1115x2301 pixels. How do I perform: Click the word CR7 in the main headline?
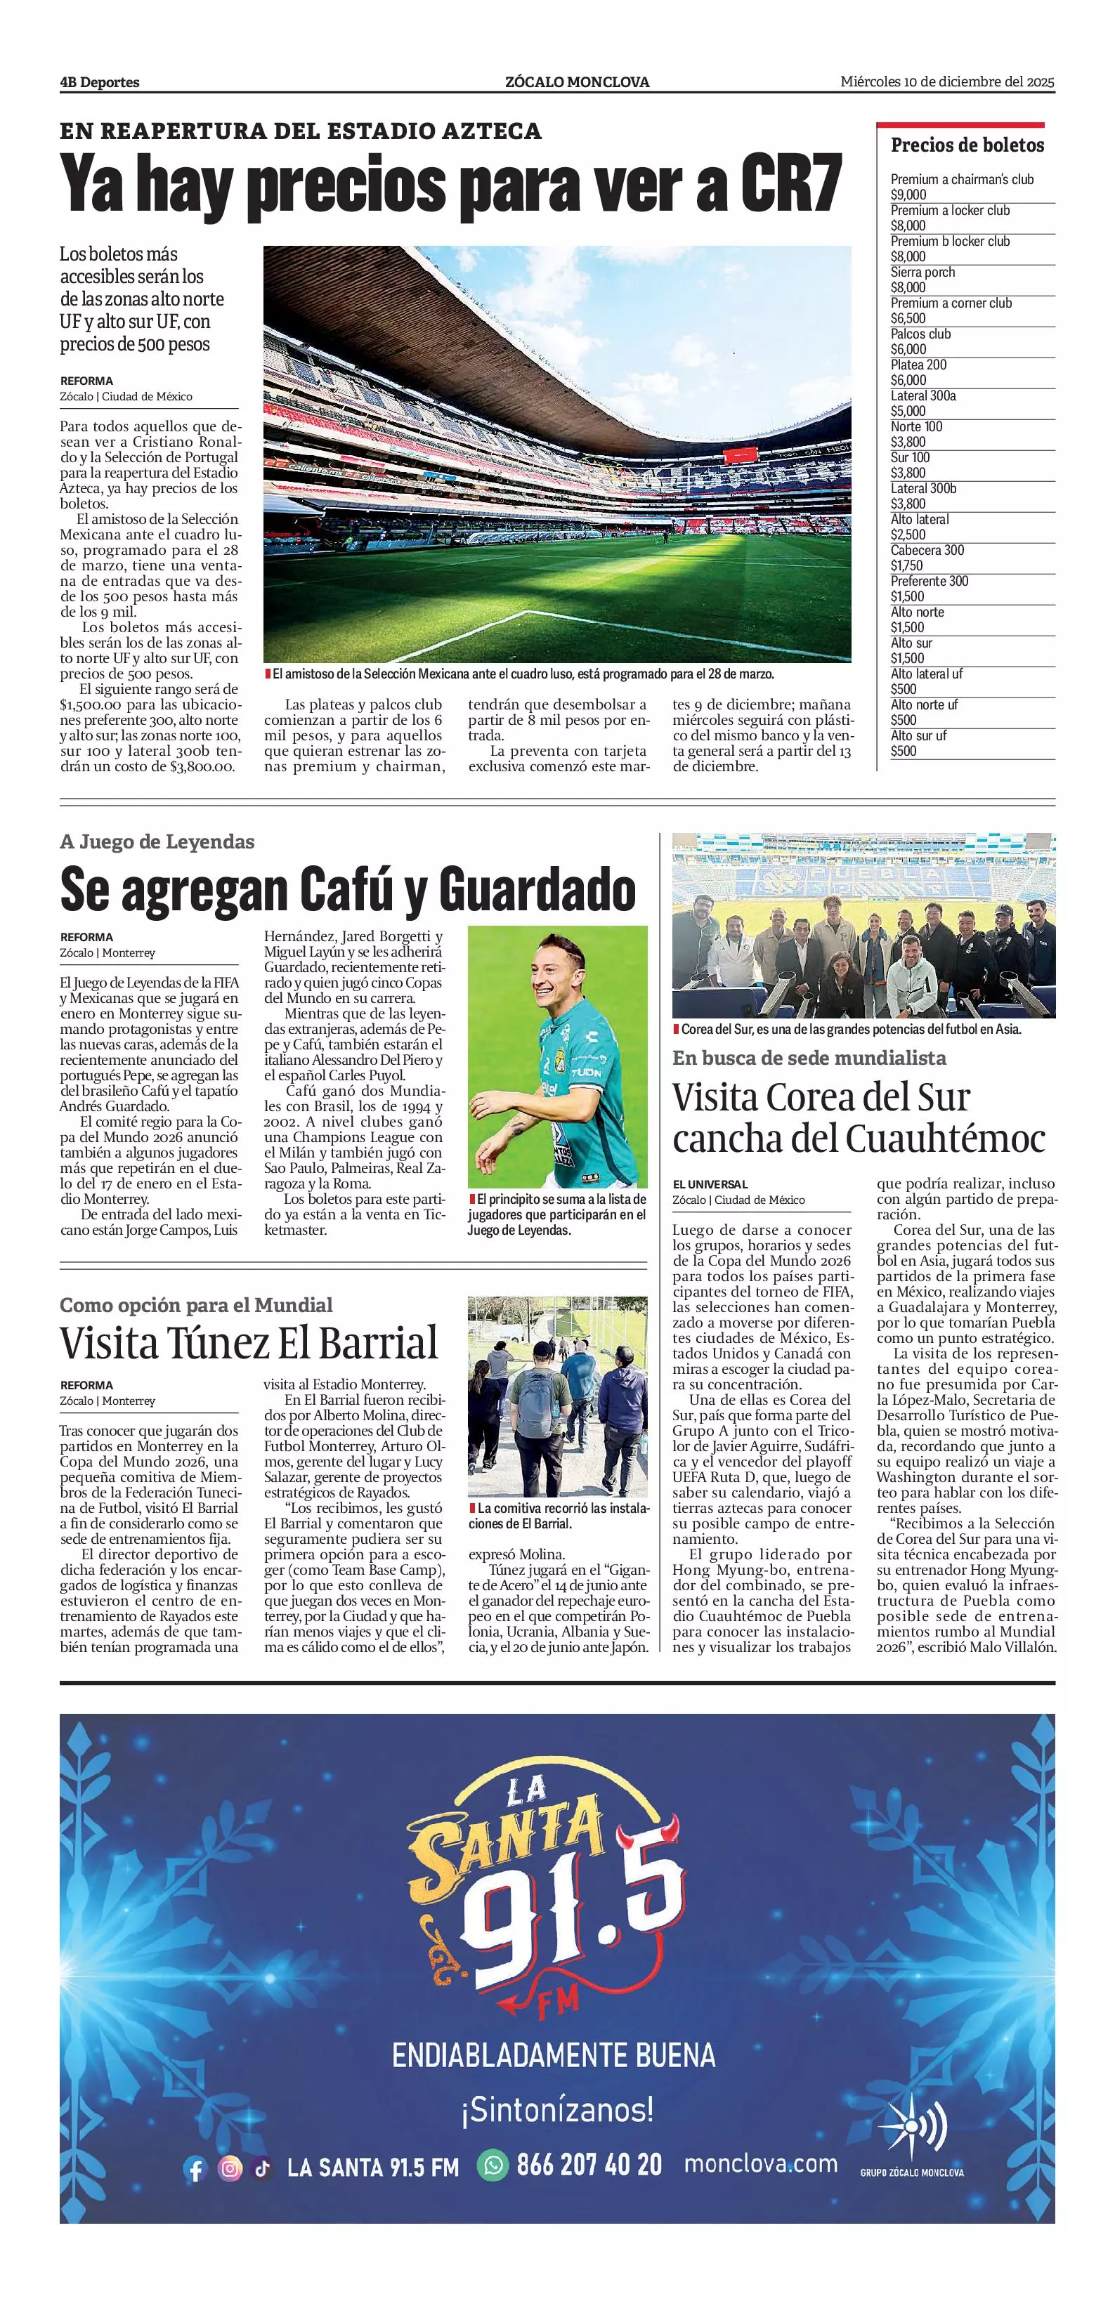click(790, 184)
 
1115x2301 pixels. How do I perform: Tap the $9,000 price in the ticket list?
click(908, 195)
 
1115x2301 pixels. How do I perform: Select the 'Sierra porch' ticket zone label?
click(922, 272)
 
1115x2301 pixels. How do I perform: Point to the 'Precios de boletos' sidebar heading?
click(967, 145)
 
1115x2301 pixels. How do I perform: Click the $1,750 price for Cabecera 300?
click(907, 565)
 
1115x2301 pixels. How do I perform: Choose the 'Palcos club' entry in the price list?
click(920, 334)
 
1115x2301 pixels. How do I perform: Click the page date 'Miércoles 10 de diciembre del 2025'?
click(947, 82)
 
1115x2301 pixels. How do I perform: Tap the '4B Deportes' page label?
click(99, 82)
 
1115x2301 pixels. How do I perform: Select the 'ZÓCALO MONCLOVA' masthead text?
click(577, 82)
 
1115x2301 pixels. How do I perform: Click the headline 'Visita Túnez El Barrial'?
click(249, 1342)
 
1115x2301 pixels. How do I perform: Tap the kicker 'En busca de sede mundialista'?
click(809, 1058)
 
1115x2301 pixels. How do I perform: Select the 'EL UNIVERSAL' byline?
click(710, 1184)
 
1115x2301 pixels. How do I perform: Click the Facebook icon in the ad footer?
click(195, 2168)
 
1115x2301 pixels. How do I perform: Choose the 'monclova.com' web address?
click(760, 2163)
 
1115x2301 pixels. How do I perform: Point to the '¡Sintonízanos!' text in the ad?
click(558, 2111)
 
